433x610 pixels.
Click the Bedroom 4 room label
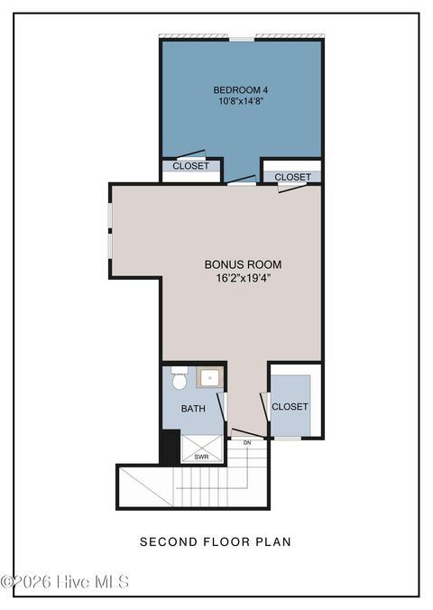point(241,90)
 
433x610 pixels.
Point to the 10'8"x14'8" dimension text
point(241,102)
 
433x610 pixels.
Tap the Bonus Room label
point(244,264)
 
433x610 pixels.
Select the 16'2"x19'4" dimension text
point(244,278)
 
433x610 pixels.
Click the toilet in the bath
point(180,377)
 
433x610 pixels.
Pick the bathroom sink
point(209,377)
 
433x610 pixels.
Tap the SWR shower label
point(201,457)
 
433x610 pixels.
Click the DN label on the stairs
point(247,443)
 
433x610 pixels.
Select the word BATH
point(193,409)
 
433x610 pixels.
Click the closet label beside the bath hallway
point(290,407)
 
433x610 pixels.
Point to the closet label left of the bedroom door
point(190,166)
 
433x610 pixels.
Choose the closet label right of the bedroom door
point(292,177)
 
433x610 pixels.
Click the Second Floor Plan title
point(215,541)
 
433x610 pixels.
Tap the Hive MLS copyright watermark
point(65,582)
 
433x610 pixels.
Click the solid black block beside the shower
point(170,446)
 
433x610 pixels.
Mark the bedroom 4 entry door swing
point(242,180)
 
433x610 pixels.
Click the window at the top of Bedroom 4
point(242,39)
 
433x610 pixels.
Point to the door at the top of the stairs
point(247,434)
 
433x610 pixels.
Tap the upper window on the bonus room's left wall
point(110,216)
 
